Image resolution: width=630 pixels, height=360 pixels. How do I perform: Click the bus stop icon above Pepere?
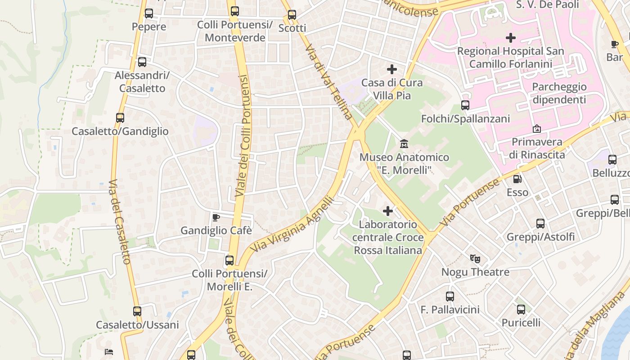149,13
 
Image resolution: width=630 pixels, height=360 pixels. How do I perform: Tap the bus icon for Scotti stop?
292,15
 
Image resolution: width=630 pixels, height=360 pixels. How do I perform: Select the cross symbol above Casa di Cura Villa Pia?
392,69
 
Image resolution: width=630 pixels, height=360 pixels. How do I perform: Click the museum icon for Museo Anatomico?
404,144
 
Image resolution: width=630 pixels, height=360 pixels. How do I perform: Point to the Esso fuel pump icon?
517,179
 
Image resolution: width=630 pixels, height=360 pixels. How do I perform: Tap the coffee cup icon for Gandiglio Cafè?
216,218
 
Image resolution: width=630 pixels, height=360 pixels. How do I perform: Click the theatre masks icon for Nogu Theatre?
475,259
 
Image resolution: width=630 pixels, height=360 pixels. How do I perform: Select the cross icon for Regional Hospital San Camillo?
511,37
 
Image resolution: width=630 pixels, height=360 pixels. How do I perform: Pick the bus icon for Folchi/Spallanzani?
465,105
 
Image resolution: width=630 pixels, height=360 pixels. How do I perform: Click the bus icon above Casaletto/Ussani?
137,311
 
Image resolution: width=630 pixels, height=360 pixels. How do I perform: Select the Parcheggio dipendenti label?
559,93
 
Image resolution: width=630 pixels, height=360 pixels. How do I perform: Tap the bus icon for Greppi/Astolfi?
540,223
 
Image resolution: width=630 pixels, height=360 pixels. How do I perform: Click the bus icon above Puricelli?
521,310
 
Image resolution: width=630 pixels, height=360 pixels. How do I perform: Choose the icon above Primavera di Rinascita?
537,129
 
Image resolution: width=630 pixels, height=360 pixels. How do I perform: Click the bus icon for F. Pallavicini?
450,296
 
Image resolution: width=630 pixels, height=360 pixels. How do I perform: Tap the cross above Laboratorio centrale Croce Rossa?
388,211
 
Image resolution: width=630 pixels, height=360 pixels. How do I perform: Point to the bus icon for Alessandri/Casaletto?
142,62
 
